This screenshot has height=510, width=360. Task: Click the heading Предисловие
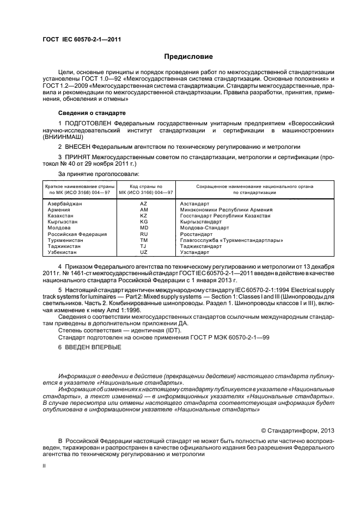click(x=188, y=56)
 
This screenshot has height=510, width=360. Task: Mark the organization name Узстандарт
click(x=194, y=252)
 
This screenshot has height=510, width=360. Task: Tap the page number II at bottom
click(x=45, y=467)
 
